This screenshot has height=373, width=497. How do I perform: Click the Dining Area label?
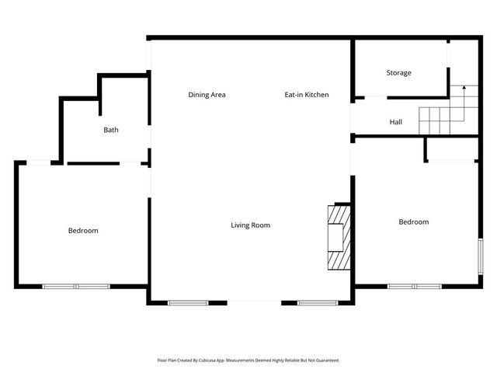(207, 95)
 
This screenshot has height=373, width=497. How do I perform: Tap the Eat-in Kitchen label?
(306, 95)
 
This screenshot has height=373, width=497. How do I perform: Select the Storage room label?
(398, 73)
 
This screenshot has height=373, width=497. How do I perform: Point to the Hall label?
(396, 122)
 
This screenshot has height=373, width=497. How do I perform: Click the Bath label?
(111, 130)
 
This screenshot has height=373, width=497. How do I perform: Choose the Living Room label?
(250, 225)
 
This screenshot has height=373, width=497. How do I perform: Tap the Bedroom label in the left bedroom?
(83, 231)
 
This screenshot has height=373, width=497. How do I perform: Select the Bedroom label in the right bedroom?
(413, 222)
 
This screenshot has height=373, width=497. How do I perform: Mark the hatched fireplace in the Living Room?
(339, 237)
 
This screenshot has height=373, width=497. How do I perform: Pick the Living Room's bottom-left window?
(187, 302)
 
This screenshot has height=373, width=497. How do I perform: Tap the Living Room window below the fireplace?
(315, 302)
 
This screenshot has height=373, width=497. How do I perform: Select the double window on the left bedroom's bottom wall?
(76, 287)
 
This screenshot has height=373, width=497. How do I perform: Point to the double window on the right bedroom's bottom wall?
(414, 287)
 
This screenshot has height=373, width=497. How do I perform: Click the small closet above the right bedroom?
(451, 149)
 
